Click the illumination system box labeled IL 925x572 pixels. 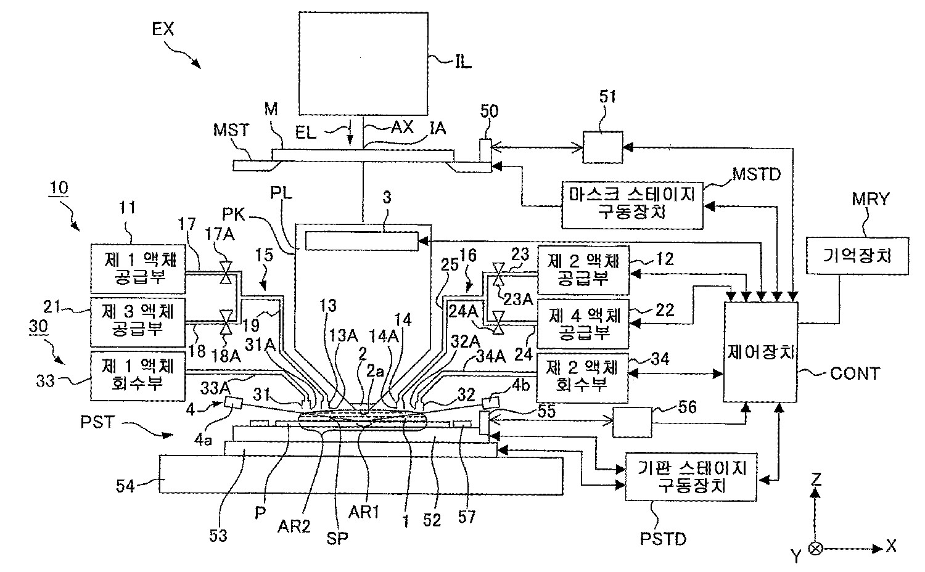click(x=363, y=63)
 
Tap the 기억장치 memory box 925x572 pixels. click(x=858, y=255)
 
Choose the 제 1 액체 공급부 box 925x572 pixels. click(x=138, y=268)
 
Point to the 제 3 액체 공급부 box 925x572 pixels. click(x=138, y=321)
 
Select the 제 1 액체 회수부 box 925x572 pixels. click(x=138, y=375)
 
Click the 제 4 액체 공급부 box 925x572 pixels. click(x=583, y=324)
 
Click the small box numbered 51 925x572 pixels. click(x=603, y=147)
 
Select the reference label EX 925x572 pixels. click(x=162, y=29)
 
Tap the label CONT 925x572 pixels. click(x=855, y=373)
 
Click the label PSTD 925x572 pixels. click(x=663, y=539)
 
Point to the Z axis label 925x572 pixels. click(x=816, y=477)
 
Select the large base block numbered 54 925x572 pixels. click(x=361, y=474)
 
